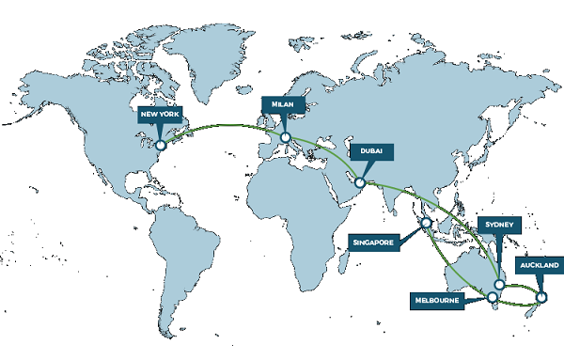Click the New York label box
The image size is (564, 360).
[x=157, y=116]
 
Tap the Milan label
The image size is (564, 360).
[x=281, y=104]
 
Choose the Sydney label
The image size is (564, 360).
[x=496, y=226]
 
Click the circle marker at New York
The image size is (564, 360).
[x=161, y=146]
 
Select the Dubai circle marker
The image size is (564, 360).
[x=359, y=182]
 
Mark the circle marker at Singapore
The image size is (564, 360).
[x=427, y=224]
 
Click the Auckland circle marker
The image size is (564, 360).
[x=540, y=298]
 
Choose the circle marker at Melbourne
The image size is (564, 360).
[x=491, y=299]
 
